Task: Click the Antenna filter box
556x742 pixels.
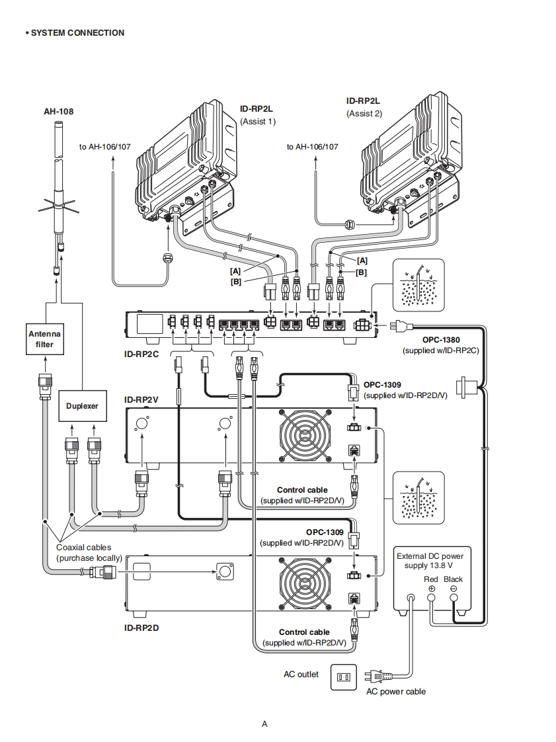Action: [44, 339]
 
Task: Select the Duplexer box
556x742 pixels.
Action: [82, 405]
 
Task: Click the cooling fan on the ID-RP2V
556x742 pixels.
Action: [305, 436]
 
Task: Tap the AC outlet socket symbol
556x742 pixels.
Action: [343, 677]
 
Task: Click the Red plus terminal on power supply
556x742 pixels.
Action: [431, 597]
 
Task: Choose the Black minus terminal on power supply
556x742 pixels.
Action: [454, 597]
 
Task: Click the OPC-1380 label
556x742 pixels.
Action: [441, 340]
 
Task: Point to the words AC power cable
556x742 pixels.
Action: [396, 692]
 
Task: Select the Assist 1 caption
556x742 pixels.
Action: [258, 121]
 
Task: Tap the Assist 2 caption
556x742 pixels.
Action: [364, 113]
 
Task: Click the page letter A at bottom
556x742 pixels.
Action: [264, 723]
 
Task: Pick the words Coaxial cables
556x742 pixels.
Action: [84, 548]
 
